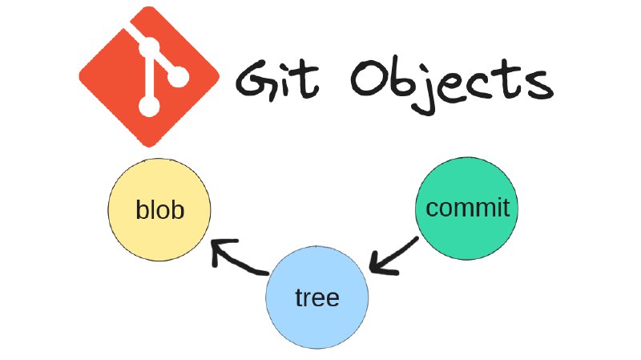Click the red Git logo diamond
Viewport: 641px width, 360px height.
pos(149,76)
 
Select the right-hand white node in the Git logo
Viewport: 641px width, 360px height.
pos(179,76)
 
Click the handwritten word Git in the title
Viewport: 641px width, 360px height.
pos(276,79)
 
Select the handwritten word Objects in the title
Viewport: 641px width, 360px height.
pos(452,85)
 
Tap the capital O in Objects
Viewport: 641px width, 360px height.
pos(369,78)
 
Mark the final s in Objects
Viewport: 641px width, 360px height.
pos(539,84)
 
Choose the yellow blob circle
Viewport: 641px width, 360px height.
pos(159,209)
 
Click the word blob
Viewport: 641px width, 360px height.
pos(159,210)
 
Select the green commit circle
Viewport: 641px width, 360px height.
pos(466,208)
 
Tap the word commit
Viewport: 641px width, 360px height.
pos(468,208)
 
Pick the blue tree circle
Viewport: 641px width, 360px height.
pos(316,297)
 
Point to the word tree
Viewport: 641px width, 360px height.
pos(317,297)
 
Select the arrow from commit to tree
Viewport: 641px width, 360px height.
pos(393,255)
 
